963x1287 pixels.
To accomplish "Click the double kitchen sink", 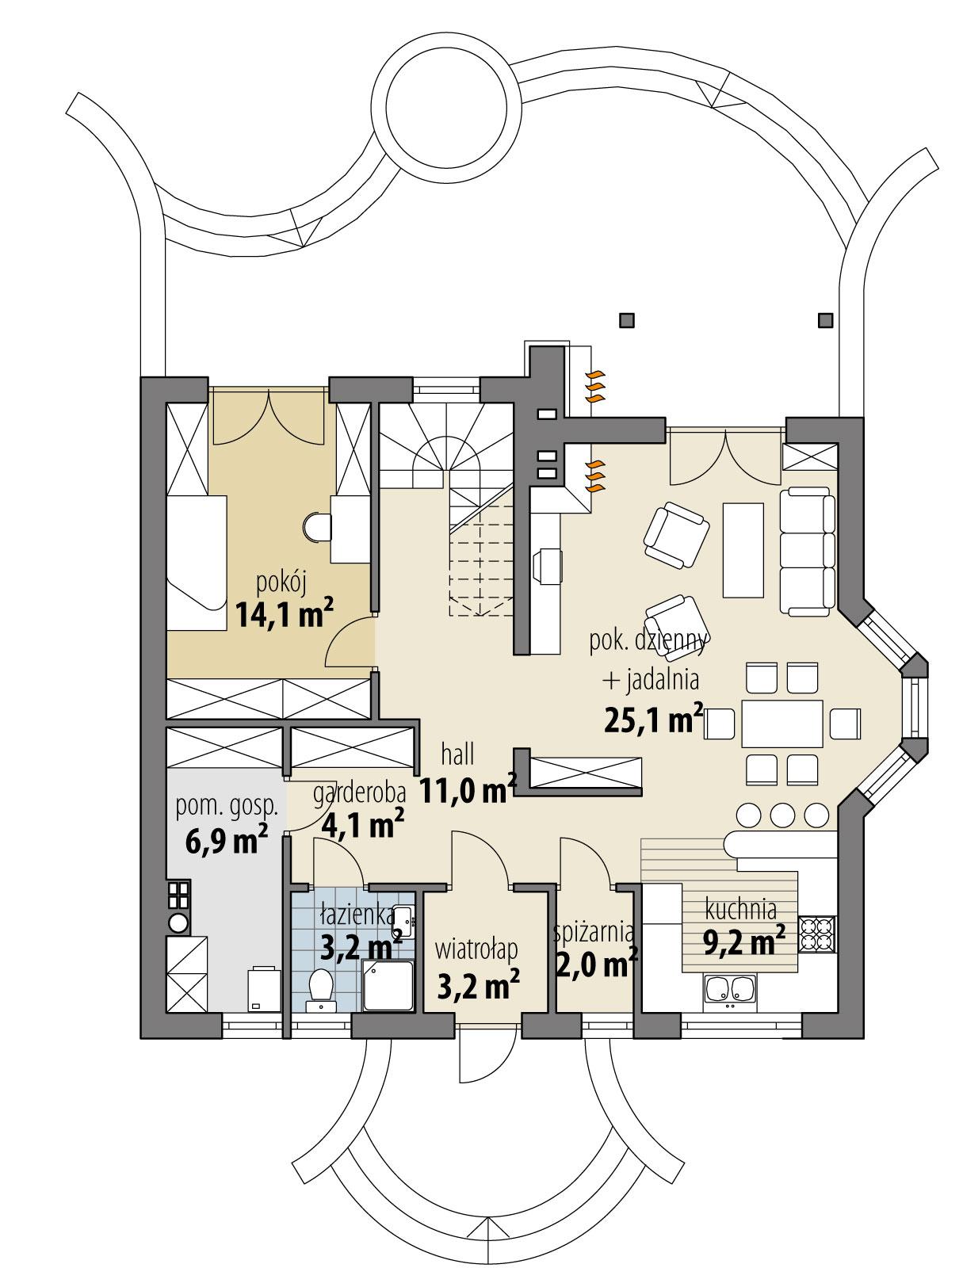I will click(x=730, y=990).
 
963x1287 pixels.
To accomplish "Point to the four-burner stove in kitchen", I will click(x=816, y=933).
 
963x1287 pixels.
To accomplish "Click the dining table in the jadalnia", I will click(x=781, y=723).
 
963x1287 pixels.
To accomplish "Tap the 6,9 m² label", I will click(x=224, y=839).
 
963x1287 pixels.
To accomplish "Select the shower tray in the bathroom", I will click(x=388, y=985).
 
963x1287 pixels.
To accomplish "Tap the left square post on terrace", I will click(x=627, y=320).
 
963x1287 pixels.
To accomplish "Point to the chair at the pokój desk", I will click(x=316, y=526).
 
